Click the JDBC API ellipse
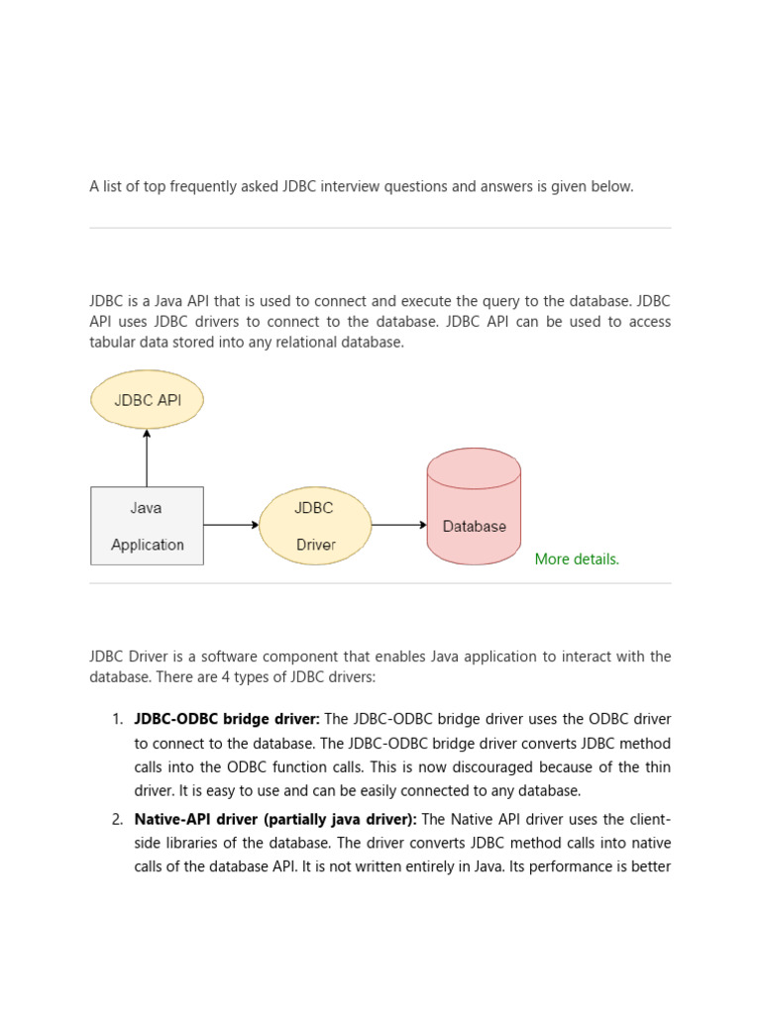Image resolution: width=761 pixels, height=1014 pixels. [147, 400]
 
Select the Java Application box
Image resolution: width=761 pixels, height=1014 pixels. [147, 526]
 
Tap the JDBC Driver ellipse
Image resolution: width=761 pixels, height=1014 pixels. [315, 526]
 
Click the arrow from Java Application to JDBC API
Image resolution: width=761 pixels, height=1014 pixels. [147, 457]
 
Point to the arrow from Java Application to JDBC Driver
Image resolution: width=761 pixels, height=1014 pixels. [231, 526]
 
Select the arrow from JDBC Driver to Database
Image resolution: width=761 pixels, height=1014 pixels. [399, 526]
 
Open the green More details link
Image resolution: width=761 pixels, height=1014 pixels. [577, 559]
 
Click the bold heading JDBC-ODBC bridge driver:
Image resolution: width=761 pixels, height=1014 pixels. [227, 719]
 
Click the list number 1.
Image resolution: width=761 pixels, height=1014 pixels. [117, 719]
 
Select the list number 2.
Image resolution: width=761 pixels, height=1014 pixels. [117, 819]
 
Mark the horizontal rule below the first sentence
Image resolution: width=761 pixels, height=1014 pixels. [380, 229]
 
